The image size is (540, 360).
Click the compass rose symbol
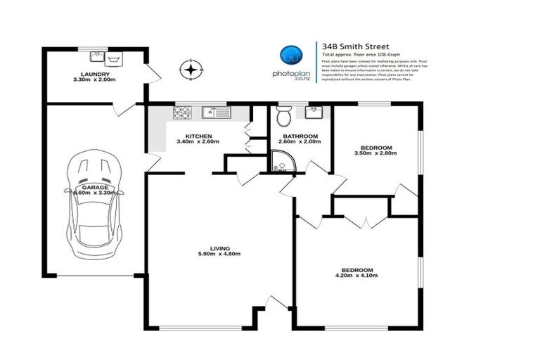coord(191,70)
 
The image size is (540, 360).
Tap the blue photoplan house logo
coord(290,55)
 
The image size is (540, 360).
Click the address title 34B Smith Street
coord(351,46)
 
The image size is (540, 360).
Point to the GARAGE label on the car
coord(94,188)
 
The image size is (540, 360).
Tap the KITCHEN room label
coord(198,136)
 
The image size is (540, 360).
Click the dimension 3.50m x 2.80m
coord(375,153)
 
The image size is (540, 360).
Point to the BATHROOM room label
coord(300,136)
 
